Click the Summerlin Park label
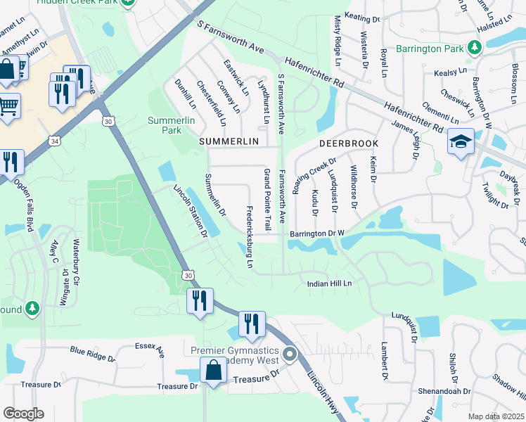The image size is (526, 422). [165, 125]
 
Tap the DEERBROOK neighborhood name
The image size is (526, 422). [345, 142]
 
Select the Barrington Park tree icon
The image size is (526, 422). [475, 48]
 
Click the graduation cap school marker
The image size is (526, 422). [461, 142]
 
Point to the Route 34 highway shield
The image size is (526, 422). [54, 142]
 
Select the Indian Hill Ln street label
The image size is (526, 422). [328, 283]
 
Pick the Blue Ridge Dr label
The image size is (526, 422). [91, 353]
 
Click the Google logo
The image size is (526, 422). [23, 414]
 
